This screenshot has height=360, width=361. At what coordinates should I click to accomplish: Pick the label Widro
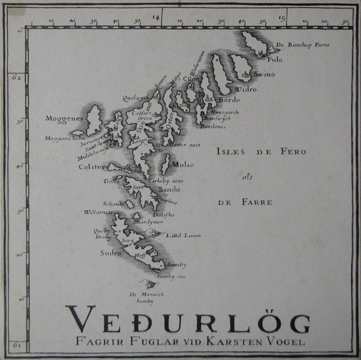249,89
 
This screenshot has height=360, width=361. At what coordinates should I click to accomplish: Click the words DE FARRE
245,203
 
